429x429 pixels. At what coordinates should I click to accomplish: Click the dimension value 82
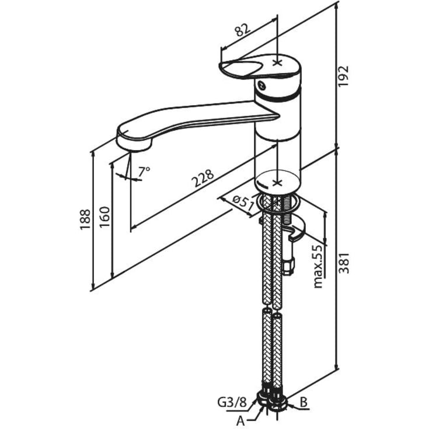click(242, 30)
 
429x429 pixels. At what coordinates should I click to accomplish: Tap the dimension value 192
click(343, 76)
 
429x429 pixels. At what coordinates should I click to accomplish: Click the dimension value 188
click(85, 219)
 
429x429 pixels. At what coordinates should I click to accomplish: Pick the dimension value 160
click(104, 217)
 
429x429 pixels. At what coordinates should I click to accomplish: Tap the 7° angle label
click(144, 172)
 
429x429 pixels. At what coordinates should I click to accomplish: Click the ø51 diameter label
click(243, 203)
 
